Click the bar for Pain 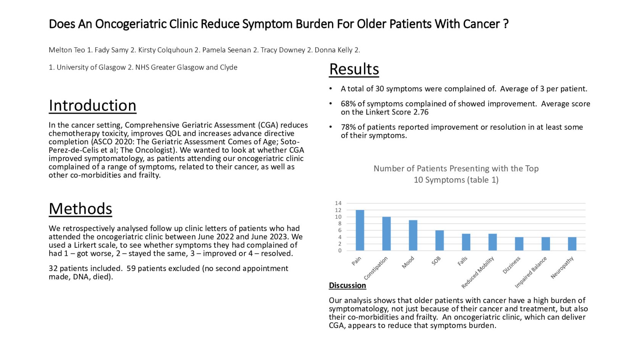point(360,230)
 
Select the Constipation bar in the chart point(386,234)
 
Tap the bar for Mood point(413,235)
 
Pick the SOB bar point(440,241)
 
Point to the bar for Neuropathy point(572,244)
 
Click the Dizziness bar point(519,244)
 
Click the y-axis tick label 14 point(338,203)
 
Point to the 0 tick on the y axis point(340,251)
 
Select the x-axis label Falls point(462,262)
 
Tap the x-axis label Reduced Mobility point(478,272)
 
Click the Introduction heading point(92,106)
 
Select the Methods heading point(81,209)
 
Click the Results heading point(354,69)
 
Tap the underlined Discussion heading point(347,286)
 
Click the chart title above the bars point(456,174)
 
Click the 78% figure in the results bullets point(348,127)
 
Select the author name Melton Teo point(67,50)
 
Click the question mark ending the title point(506,24)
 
